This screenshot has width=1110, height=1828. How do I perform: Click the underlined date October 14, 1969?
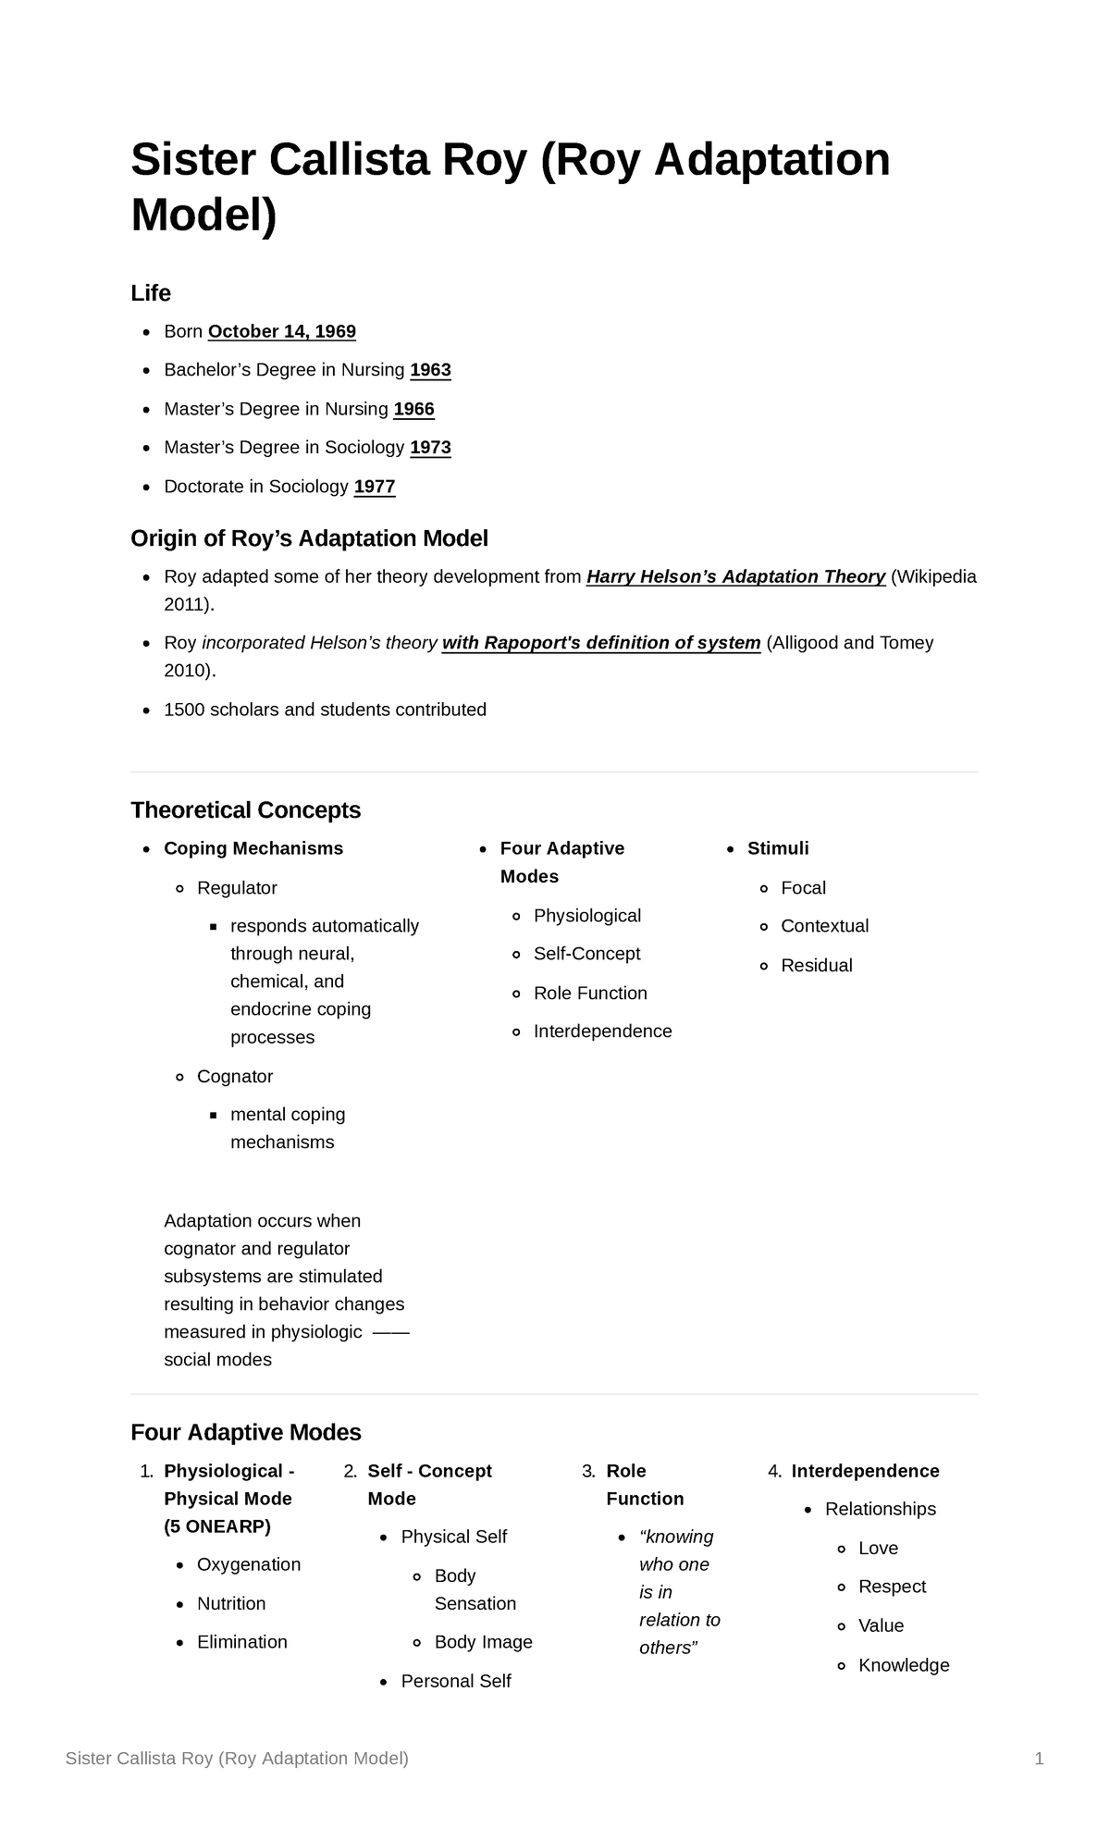coord(282,331)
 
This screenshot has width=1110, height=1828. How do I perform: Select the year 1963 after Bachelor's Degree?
coord(430,370)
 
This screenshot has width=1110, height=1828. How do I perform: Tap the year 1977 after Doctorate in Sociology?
coord(375,487)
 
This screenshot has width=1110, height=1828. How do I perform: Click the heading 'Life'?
coord(151,293)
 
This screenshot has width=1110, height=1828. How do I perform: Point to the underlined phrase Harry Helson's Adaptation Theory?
coord(735,576)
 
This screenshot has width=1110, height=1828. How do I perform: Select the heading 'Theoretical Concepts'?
coord(245,810)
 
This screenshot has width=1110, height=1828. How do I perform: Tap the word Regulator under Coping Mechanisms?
coord(237,888)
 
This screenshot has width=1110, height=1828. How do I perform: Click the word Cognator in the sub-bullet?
coord(235,1077)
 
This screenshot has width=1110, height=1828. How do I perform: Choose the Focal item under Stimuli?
coord(803,888)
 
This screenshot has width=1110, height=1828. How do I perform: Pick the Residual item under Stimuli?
coord(816,966)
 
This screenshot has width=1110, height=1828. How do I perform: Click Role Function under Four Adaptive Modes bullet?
coord(590,994)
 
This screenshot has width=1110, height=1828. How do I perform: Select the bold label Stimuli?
coord(778,848)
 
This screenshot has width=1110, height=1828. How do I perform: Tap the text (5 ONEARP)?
coord(216,1526)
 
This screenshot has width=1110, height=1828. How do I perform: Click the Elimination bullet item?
coord(241,1642)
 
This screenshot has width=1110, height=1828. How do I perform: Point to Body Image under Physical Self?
coord(483,1642)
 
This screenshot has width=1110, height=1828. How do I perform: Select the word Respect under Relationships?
coord(892,1587)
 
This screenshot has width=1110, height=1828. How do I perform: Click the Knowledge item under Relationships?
coord(904,1665)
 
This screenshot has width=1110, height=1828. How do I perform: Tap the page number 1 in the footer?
coord(1039,1759)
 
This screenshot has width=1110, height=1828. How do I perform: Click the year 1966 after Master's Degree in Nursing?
coord(413,409)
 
